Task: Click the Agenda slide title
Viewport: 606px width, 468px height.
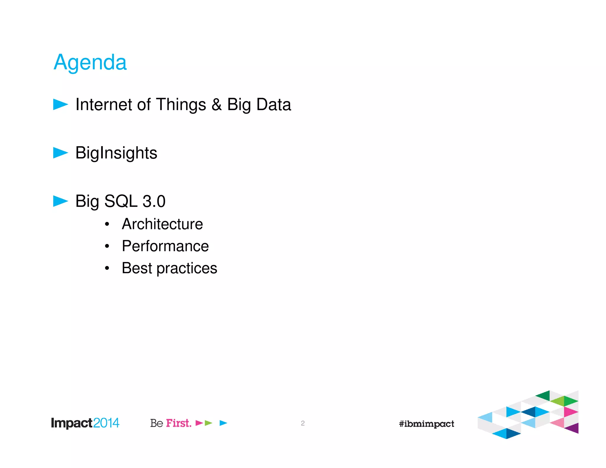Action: coord(90,63)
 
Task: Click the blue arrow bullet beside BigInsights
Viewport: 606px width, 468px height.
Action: coord(60,153)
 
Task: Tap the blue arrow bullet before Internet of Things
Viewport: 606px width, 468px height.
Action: coord(60,104)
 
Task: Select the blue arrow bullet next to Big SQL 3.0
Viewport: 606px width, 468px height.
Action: coord(60,201)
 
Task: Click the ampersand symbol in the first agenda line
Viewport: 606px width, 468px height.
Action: coord(217,105)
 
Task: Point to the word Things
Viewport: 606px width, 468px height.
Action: coord(181,105)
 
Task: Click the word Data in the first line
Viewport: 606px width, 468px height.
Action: coord(274,105)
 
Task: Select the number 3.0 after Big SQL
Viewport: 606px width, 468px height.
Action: coord(154,201)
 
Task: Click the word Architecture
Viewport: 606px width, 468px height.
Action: coord(162,224)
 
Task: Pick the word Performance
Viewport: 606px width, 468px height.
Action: coord(165,246)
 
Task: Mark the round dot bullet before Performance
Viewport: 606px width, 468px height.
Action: coord(107,246)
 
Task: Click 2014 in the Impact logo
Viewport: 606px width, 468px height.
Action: coord(106,423)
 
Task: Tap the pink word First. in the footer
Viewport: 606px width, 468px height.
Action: coord(178,423)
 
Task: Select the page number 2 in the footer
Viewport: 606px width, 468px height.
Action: coord(303,423)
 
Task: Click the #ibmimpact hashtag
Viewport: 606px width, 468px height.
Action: coord(426,424)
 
